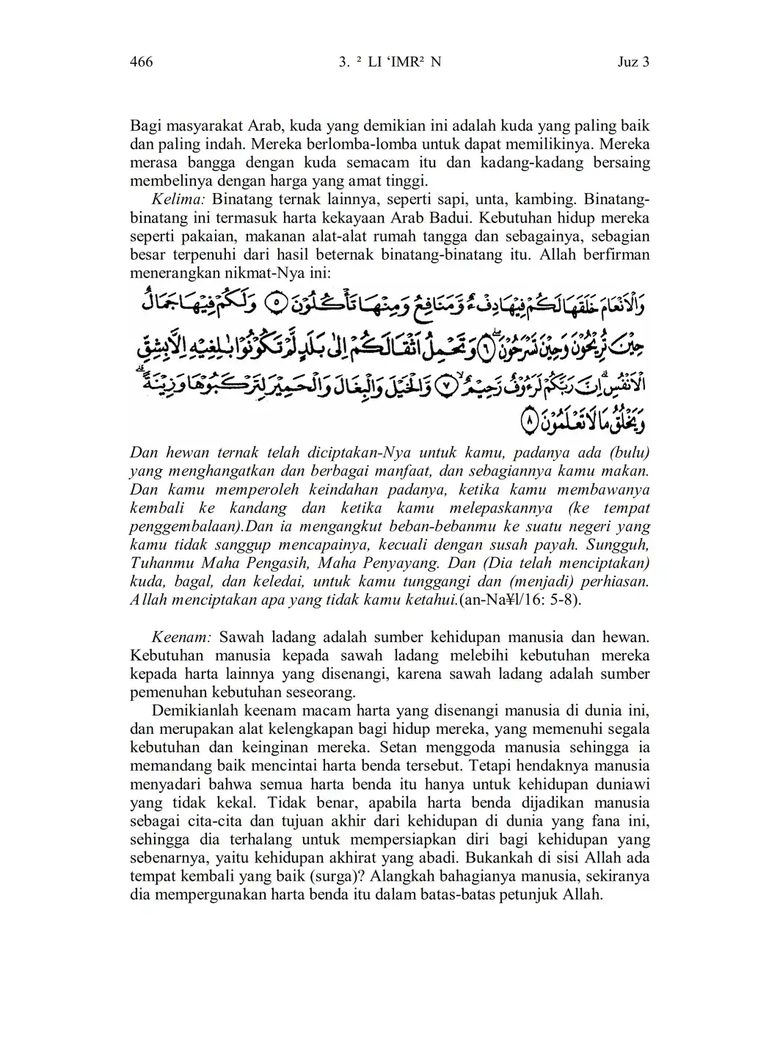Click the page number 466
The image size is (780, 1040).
coord(141,62)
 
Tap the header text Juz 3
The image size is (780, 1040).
coord(633,62)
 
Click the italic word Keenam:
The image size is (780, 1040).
coord(181,637)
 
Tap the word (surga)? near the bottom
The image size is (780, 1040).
coord(329,876)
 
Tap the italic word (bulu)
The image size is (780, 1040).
coord(627,453)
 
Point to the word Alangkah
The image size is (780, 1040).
coord(405,876)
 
